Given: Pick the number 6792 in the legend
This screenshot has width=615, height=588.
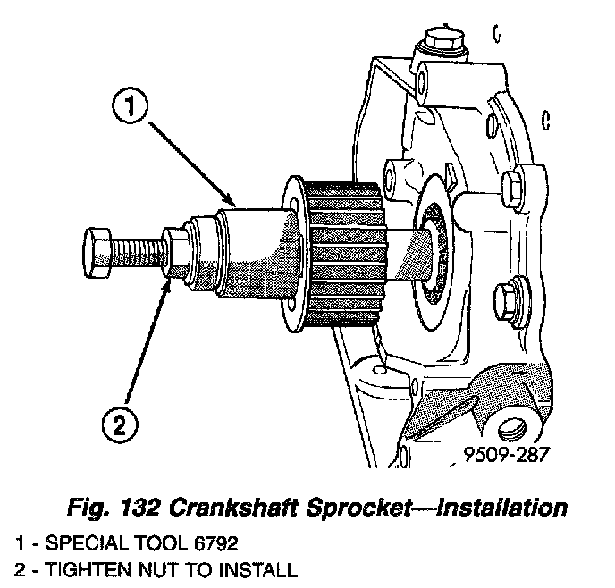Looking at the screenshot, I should coord(214,542).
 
